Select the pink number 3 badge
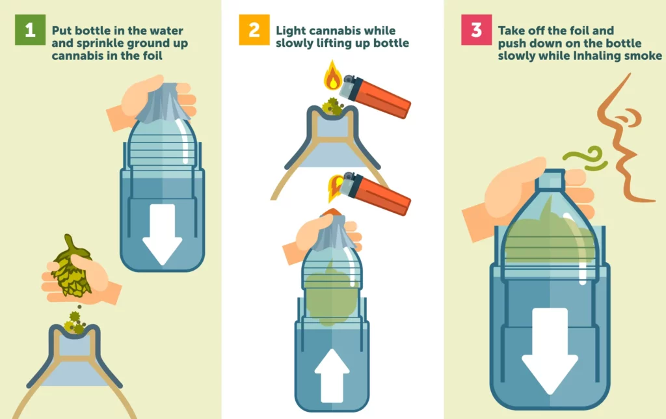click(x=476, y=30)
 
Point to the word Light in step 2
click(x=290, y=31)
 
